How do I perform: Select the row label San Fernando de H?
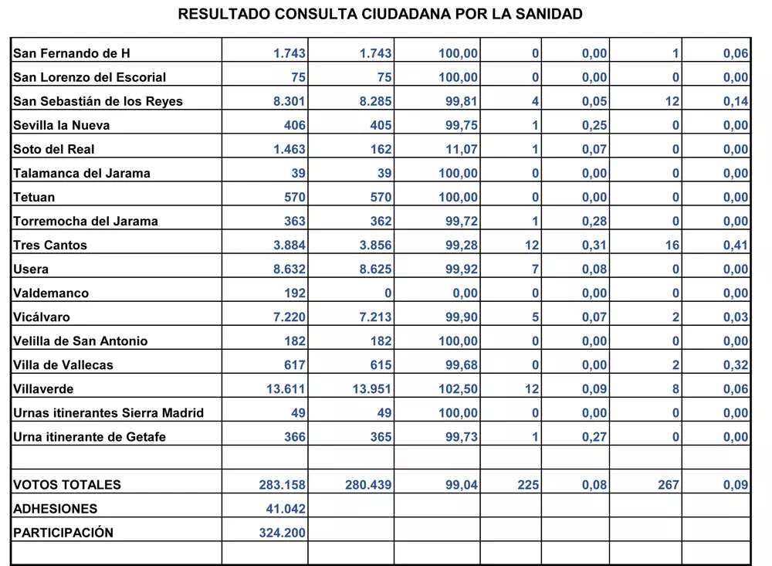point(72,53)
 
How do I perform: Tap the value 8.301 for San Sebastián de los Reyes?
point(289,101)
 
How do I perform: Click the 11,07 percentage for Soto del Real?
point(459,149)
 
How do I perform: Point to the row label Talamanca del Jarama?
point(82,173)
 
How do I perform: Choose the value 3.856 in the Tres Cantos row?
point(372,245)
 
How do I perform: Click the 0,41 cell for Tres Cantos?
point(736,245)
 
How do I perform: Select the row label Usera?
point(31,269)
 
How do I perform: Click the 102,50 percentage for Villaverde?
point(459,388)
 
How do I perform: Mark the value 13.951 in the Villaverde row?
point(372,388)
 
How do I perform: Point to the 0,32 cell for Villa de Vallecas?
point(736,364)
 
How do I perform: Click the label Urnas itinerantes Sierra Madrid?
point(109,412)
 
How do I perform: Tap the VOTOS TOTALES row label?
point(67,485)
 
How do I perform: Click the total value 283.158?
point(283,485)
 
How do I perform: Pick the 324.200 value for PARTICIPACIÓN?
point(283,533)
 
